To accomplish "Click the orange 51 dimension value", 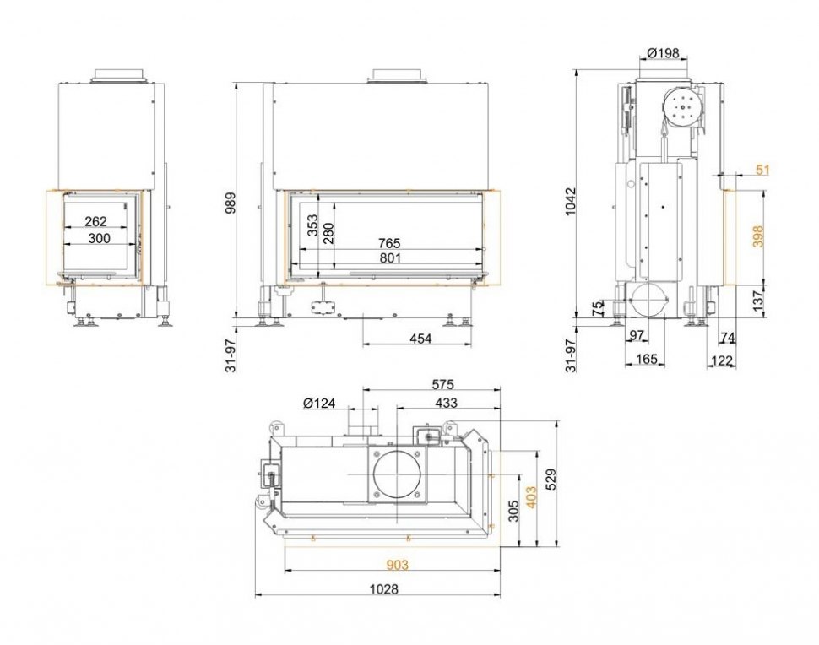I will click(762, 171).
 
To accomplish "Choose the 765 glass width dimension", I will click(389, 243).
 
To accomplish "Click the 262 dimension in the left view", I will click(96, 222).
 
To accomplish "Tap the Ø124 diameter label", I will click(319, 404).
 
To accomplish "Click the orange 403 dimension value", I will click(531, 498).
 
